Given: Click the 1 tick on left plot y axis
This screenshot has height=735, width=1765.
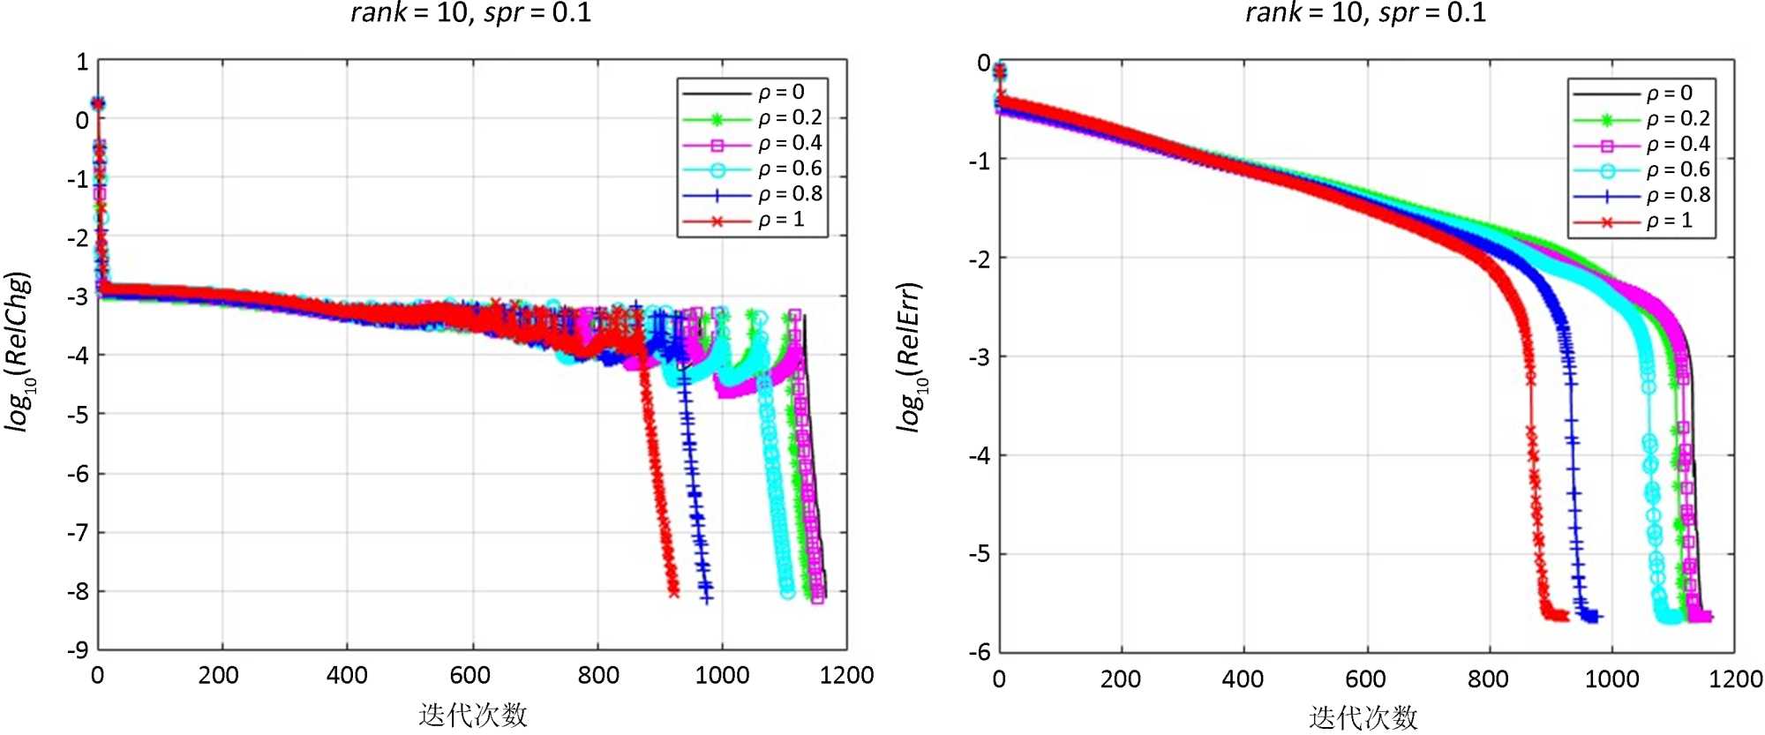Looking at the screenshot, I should click(82, 62).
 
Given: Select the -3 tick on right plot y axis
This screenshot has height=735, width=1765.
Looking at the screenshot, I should click(980, 356).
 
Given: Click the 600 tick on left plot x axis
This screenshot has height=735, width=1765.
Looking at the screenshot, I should click(470, 676).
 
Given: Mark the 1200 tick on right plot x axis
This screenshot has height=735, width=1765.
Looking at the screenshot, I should click(1735, 679).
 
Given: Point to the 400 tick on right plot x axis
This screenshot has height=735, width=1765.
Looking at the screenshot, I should click(1243, 679).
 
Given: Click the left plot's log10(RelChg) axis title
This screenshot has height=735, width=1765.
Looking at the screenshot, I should click(19, 351).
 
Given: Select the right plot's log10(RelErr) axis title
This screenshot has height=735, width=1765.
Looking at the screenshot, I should click(910, 357).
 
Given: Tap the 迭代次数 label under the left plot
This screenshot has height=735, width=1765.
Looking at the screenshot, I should click(473, 715).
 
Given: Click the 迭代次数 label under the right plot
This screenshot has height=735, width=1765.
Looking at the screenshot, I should click(1363, 717).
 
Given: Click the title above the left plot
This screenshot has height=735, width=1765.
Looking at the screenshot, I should click(471, 12).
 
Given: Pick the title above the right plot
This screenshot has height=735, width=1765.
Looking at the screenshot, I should click(1365, 12).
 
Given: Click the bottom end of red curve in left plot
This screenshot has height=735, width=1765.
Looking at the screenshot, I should click(674, 592).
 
